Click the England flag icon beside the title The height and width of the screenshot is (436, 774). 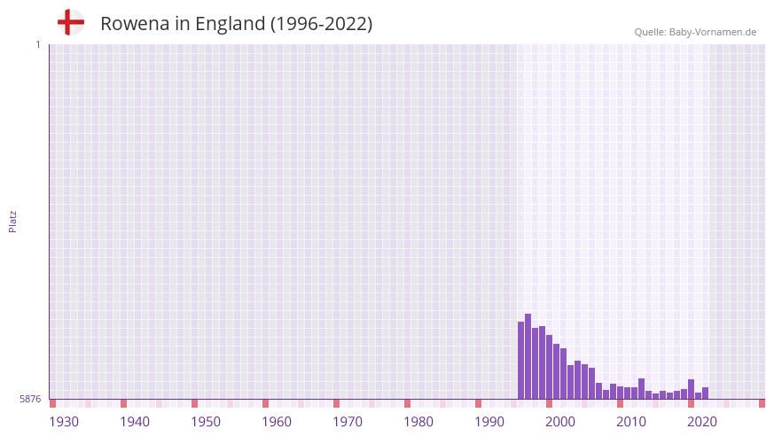tap(70, 22)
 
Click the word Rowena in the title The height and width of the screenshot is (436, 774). tap(132, 24)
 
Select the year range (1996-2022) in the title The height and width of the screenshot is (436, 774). tap(321, 24)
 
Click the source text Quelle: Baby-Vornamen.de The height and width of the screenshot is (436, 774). tap(695, 32)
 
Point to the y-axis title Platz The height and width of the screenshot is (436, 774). tap(12, 221)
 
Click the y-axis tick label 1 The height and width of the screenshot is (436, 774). tap(37, 44)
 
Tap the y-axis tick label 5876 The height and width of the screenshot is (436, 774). tap(30, 400)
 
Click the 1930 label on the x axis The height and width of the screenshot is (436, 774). tap(64, 422)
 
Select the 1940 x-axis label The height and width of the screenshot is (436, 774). tap(135, 422)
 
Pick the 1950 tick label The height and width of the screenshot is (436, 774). tap(206, 422)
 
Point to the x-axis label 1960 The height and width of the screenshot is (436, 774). tap(277, 422)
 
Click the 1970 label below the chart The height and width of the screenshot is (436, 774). tap(348, 422)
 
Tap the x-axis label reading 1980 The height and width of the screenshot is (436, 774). tap(418, 422)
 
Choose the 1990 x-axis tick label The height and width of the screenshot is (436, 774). tap(489, 422)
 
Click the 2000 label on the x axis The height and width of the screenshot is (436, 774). tap(560, 422)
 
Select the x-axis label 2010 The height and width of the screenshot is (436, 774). tap(631, 422)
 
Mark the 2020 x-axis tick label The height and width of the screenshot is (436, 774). tap(702, 422)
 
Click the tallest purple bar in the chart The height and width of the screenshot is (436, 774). tap(528, 356)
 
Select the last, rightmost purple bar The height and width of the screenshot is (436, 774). tap(706, 393)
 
